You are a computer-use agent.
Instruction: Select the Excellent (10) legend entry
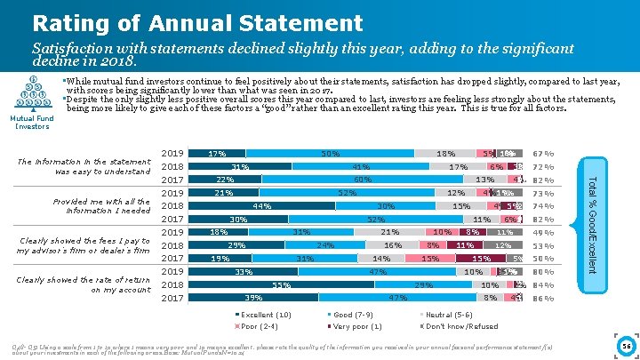coord(267,315)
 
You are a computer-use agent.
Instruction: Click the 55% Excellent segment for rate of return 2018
coord(283,284)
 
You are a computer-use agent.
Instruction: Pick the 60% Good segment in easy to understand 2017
coord(363,180)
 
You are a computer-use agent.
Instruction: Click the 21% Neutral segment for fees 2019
coord(388,232)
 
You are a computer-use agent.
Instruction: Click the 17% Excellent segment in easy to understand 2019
coord(216,154)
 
